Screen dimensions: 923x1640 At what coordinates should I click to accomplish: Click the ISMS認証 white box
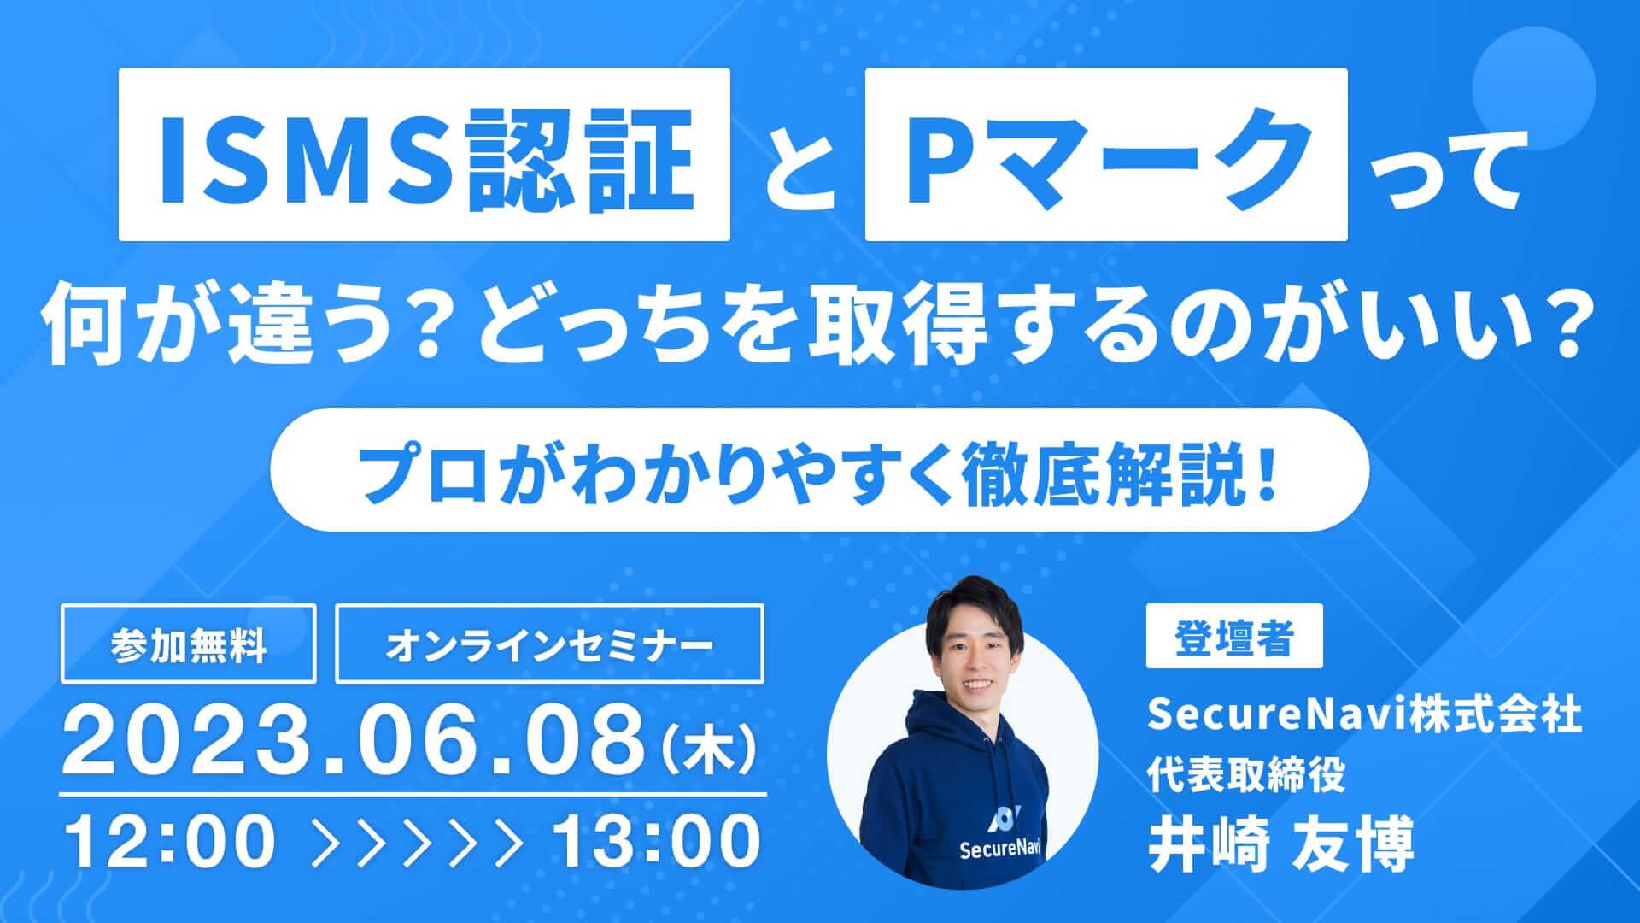(424, 155)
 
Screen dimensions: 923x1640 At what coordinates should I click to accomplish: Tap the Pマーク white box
(1105, 155)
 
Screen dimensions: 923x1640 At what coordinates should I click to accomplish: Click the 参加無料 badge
(188, 644)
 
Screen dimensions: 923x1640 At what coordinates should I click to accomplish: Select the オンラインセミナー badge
(549, 644)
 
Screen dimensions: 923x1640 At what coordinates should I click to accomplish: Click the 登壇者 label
(1233, 637)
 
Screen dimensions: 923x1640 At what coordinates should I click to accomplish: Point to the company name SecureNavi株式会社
(1364, 715)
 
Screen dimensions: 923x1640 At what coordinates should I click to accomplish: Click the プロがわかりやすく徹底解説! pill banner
(819, 470)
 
